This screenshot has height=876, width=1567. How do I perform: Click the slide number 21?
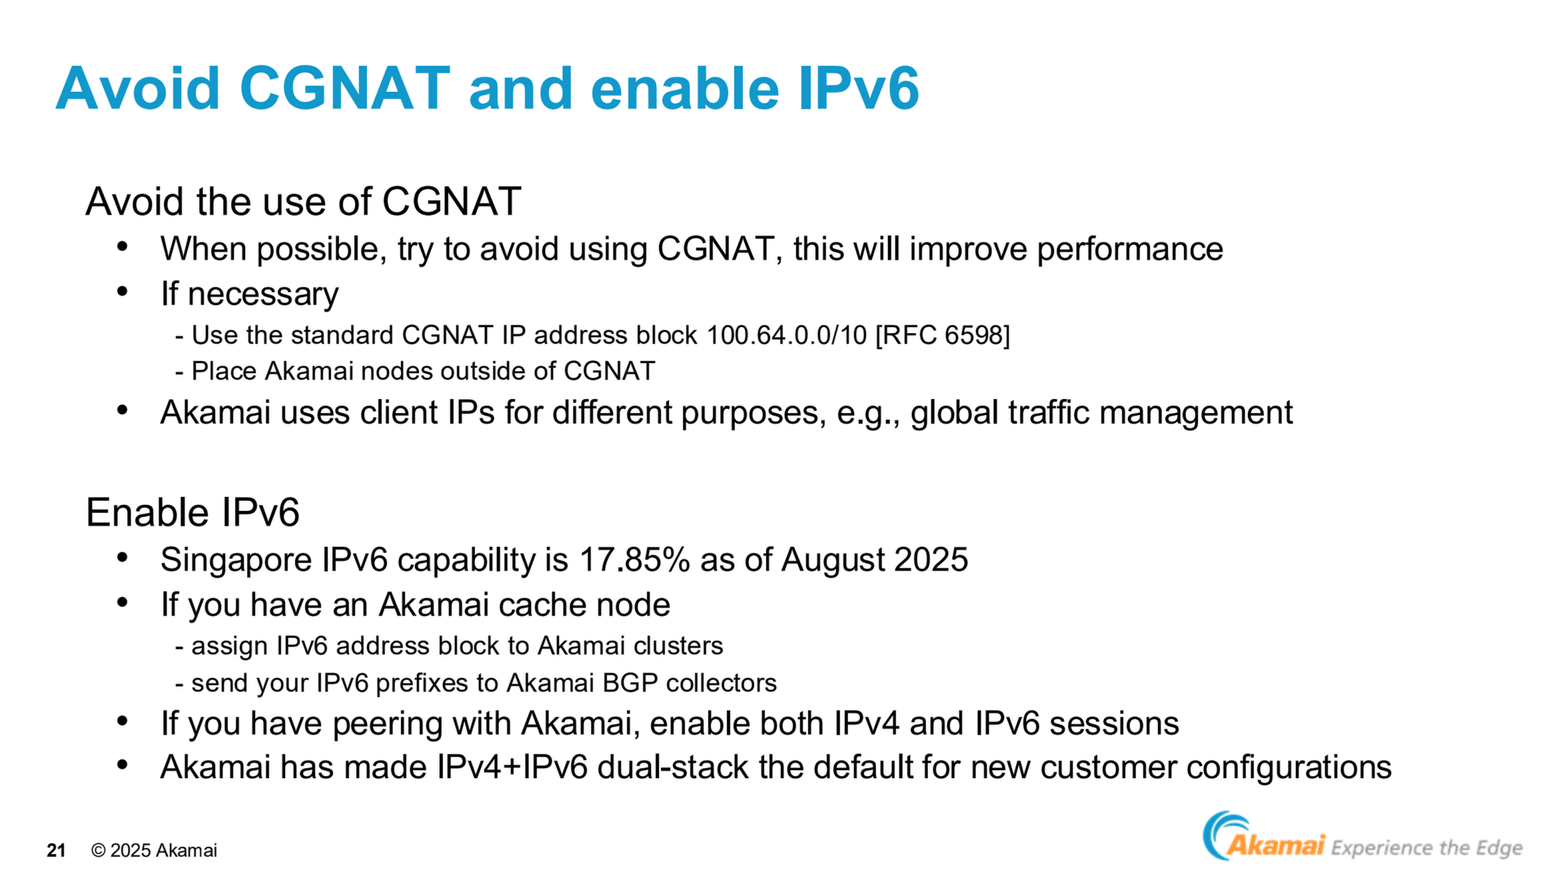56,850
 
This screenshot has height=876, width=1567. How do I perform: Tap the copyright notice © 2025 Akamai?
154,850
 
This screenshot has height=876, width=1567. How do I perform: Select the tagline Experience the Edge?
1427,848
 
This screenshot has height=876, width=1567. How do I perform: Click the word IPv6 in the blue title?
859,88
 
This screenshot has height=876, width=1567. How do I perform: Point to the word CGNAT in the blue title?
345,88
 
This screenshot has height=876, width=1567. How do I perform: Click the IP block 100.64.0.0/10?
787,335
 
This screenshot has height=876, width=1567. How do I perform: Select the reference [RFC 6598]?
942,335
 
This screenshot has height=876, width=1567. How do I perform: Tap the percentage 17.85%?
635,559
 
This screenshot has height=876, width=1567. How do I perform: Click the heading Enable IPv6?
193,512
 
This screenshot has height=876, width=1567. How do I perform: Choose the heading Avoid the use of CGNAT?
303,201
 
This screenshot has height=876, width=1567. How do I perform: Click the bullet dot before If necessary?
122,291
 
